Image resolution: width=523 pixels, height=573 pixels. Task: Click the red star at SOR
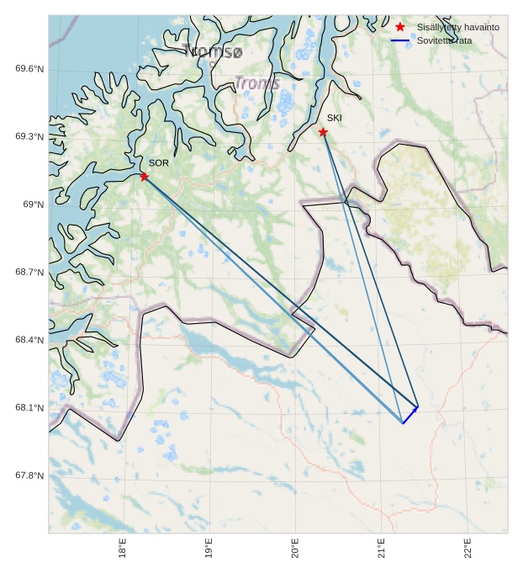pos(145,176)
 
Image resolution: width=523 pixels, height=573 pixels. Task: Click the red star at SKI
pos(323,131)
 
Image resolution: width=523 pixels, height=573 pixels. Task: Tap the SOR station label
pos(159,163)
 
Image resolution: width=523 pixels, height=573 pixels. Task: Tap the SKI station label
pos(335,118)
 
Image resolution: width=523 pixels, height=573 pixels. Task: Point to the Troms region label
pos(256,83)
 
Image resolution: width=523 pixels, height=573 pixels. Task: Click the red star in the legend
pos(400,28)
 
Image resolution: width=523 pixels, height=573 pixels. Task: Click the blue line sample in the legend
pos(400,40)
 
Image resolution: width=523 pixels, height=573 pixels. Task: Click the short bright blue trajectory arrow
pos(410,414)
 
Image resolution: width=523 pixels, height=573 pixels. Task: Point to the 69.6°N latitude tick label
pos(29,69)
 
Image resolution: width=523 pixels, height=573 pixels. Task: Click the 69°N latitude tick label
pos(33,204)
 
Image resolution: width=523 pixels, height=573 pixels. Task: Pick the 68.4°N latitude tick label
pos(29,340)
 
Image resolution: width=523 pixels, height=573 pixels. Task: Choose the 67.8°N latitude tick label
pos(29,475)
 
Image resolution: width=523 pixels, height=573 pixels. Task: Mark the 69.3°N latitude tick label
pos(29,136)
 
